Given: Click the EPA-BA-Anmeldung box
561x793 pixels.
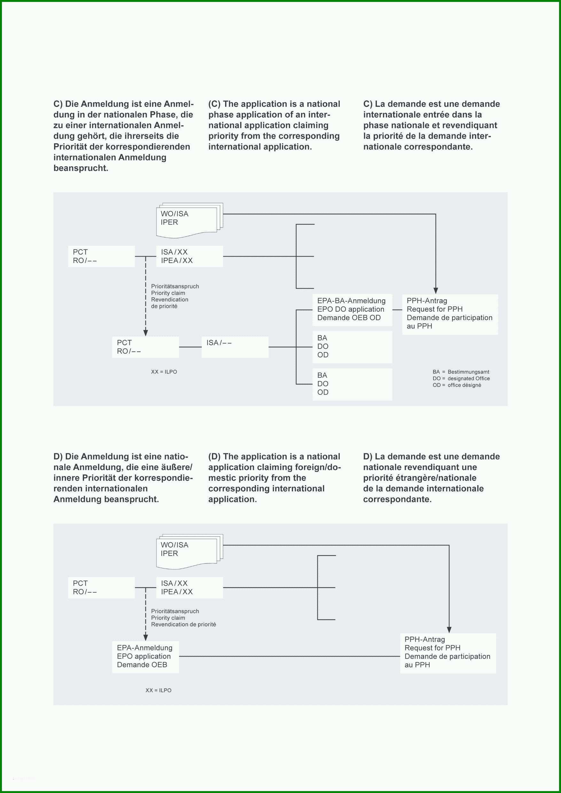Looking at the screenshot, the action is click(x=352, y=310).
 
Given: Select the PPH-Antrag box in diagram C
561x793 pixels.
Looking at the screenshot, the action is click(x=450, y=314).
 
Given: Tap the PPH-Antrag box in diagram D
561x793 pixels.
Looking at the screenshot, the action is click(x=448, y=653).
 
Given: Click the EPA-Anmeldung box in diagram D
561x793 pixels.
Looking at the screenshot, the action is click(x=145, y=657).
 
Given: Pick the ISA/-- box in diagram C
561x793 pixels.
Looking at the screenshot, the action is click(x=235, y=347).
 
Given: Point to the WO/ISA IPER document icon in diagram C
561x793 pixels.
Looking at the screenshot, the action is click(x=190, y=220).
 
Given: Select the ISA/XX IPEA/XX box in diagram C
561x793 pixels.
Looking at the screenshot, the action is click(x=190, y=256).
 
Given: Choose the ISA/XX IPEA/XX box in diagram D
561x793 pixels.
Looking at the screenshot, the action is click(x=190, y=588).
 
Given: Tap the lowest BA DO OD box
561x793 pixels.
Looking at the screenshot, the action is click(x=352, y=384).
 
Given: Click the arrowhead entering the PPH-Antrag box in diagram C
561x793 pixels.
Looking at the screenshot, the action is click(x=435, y=291).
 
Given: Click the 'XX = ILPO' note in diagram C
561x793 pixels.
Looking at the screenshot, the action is click(x=164, y=372).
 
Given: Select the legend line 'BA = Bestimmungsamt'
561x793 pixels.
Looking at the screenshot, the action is click(x=461, y=372).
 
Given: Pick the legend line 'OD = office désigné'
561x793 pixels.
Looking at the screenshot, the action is click(x=456, y=385).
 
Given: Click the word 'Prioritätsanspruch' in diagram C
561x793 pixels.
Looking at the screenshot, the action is click(x=175, y=286).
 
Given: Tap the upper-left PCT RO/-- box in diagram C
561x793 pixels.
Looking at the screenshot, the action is click(x=101, y=256).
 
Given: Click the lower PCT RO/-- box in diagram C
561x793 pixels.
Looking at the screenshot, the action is click(x=145, y=347).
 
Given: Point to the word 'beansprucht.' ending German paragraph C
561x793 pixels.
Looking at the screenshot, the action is click(x=81, y=168).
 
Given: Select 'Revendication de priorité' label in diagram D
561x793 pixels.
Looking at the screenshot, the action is click(x=183, y=624).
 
